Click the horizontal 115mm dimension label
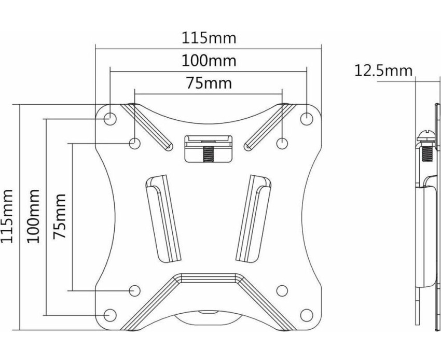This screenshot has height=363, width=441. coord(209,38)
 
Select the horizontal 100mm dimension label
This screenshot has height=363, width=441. coord(209,61)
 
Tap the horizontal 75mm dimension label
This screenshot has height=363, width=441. coord(209,83)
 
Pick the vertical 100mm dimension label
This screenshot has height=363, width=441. coord(33,216)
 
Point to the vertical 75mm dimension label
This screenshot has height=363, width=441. coord(59,216)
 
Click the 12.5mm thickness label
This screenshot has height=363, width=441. coord(383,71)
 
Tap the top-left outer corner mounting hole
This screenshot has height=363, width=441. coord(110,118)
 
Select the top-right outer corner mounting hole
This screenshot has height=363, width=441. coord(307,118)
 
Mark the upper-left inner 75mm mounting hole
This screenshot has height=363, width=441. coord(135,143)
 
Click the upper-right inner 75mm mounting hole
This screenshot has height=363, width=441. coord(282,143)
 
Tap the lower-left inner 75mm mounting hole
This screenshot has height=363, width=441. coord(135,290)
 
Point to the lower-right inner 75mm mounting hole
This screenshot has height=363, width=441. coord(282,290)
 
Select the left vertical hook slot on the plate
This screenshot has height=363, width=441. coord(162,219)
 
